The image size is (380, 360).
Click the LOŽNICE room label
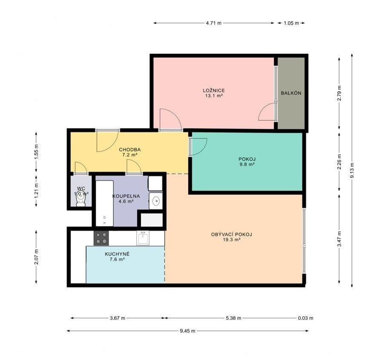(213, 93)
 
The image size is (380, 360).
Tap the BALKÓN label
(291, 93)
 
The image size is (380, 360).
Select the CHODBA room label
(130, 152)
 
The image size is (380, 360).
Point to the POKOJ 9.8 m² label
(247, 161)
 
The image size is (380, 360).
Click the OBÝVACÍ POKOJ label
(232, 237)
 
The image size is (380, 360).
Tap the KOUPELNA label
(123, 198)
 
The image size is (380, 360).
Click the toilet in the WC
(81, 201)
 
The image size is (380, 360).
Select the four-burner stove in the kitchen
(101, 238)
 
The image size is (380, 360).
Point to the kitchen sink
(142, 238)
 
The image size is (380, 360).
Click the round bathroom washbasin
(155, 200)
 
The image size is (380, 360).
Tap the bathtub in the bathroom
(104, 203)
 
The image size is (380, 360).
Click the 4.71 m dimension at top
(213, 23)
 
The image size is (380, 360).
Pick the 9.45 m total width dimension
(187, 331)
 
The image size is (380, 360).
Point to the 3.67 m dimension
(117, 318)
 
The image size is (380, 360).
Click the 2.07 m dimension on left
(36, 256)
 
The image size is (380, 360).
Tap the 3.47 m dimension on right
(339, 239)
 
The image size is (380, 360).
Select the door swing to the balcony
(267, 112)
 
